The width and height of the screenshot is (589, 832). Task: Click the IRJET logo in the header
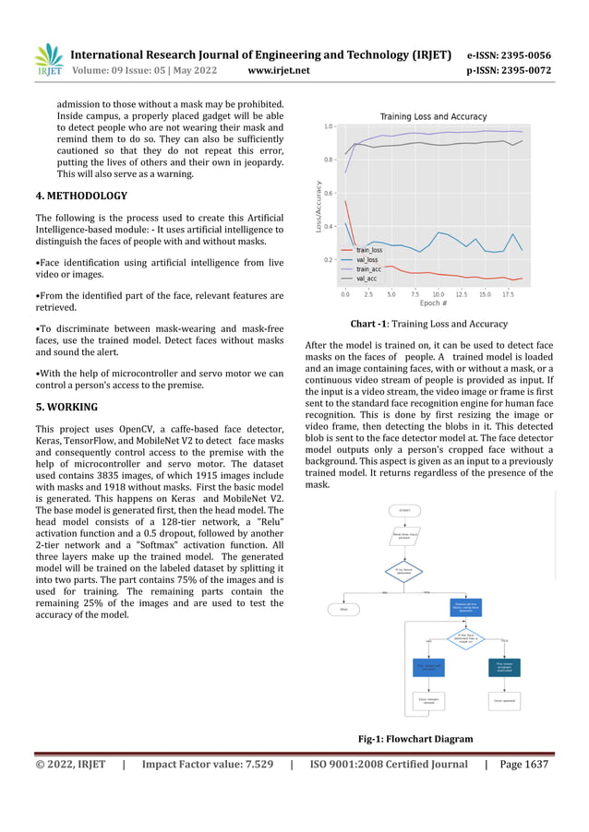(x=48, y=61)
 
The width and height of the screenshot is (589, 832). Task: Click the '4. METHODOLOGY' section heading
(x=81, y=196)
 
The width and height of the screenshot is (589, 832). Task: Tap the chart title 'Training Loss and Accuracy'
(x=434, y=116)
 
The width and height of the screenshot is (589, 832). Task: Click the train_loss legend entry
(x=368, y=250)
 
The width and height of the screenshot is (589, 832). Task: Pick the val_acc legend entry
(x=366, y=278)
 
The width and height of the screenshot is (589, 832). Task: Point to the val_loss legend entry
(x=367, y=259)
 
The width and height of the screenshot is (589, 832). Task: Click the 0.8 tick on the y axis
(x=328, y=160)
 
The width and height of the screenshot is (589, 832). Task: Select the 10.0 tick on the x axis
(x=438, y=295)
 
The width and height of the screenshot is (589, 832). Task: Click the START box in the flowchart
(x=404, y=510)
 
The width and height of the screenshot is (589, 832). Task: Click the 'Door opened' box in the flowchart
(x=504, y=701)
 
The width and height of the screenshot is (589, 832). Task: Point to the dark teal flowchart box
(x=504, y=667)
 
